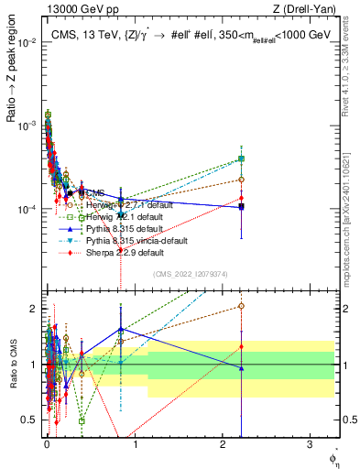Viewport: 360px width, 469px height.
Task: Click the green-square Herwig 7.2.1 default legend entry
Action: point(128,216)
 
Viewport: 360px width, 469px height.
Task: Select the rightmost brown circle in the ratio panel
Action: point(241,306)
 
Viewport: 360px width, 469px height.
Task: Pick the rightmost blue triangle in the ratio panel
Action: point(241,368)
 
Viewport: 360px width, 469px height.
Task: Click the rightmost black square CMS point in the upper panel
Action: point(241,207)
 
